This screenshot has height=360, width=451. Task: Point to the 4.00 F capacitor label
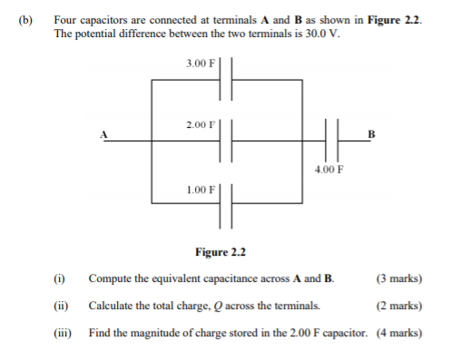coord(329,169)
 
